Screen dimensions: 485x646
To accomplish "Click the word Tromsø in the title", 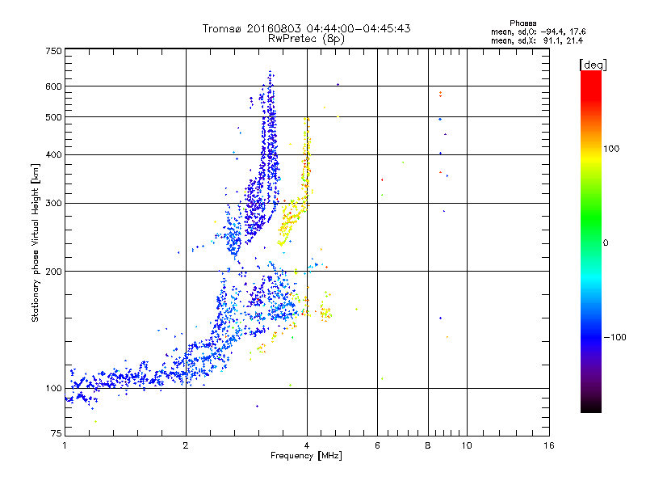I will [x=223, y=28].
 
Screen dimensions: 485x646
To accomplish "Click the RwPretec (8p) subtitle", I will [x=307, y=38].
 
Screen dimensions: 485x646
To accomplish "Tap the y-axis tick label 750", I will [x=53, y=51].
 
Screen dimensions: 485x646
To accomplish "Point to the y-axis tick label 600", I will [x=53, y=86].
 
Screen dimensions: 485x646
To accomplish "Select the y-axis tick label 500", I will [x=53, y=117].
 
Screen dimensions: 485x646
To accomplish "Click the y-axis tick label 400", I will [x=53, y=155].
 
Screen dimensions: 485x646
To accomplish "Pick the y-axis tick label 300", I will [x=53, y=204].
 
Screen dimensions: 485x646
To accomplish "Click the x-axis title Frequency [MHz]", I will [x=307, y=457].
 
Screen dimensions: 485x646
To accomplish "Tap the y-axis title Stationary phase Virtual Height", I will [x=36, y=242].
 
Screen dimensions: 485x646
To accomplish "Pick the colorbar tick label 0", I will [x=606, y=242].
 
